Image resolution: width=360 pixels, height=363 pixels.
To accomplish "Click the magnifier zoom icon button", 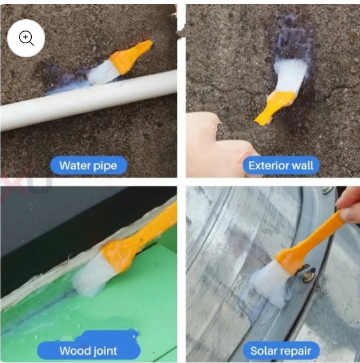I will coord(26,38).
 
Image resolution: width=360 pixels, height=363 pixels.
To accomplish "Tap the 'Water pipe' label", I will coord(88,166).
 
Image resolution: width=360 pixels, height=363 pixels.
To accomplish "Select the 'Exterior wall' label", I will coord(280,166).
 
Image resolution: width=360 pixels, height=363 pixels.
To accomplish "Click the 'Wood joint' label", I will coord(88,351).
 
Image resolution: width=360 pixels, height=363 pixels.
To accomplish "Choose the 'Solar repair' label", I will coord(280,351).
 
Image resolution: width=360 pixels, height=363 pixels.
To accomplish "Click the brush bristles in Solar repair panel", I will coord(267,281).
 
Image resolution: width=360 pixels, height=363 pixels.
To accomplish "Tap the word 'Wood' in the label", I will coord(74,351).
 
